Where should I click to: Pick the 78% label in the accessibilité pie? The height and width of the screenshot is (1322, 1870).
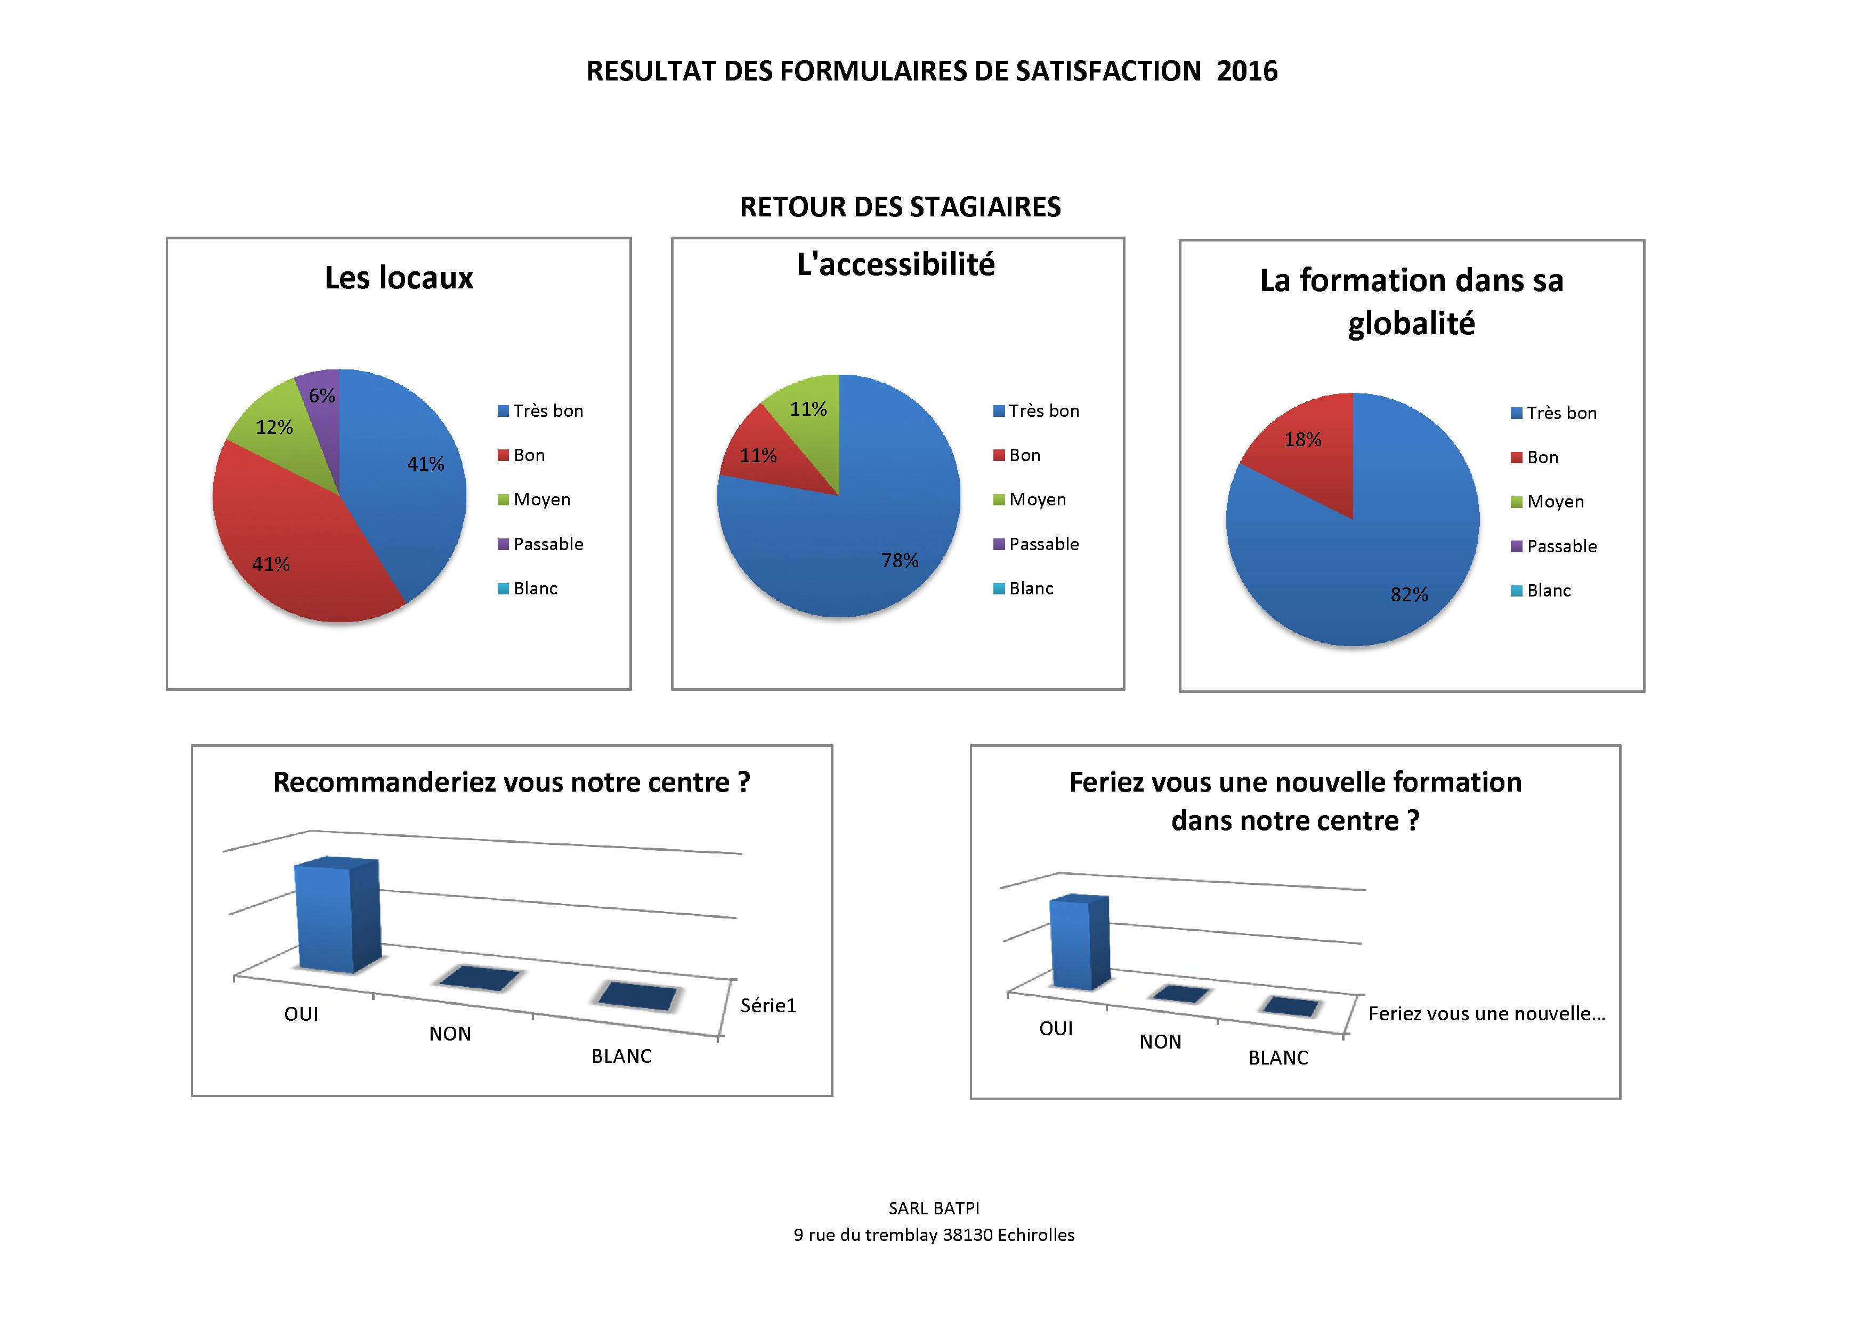(899, 560)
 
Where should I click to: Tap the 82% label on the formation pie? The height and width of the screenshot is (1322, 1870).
(1409, 594)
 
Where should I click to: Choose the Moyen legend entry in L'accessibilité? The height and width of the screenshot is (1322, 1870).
(1030, 499)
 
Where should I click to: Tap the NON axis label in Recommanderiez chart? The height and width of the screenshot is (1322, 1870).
(450, 1034)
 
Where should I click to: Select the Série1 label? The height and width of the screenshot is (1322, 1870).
(768, 1005)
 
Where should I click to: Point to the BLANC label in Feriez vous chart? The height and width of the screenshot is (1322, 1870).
(1278, 1057)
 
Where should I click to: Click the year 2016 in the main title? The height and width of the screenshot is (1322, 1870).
(1247, 71)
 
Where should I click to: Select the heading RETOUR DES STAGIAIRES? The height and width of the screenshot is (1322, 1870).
(900, 207)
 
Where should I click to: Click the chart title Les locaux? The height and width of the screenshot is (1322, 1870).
(399, 278)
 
